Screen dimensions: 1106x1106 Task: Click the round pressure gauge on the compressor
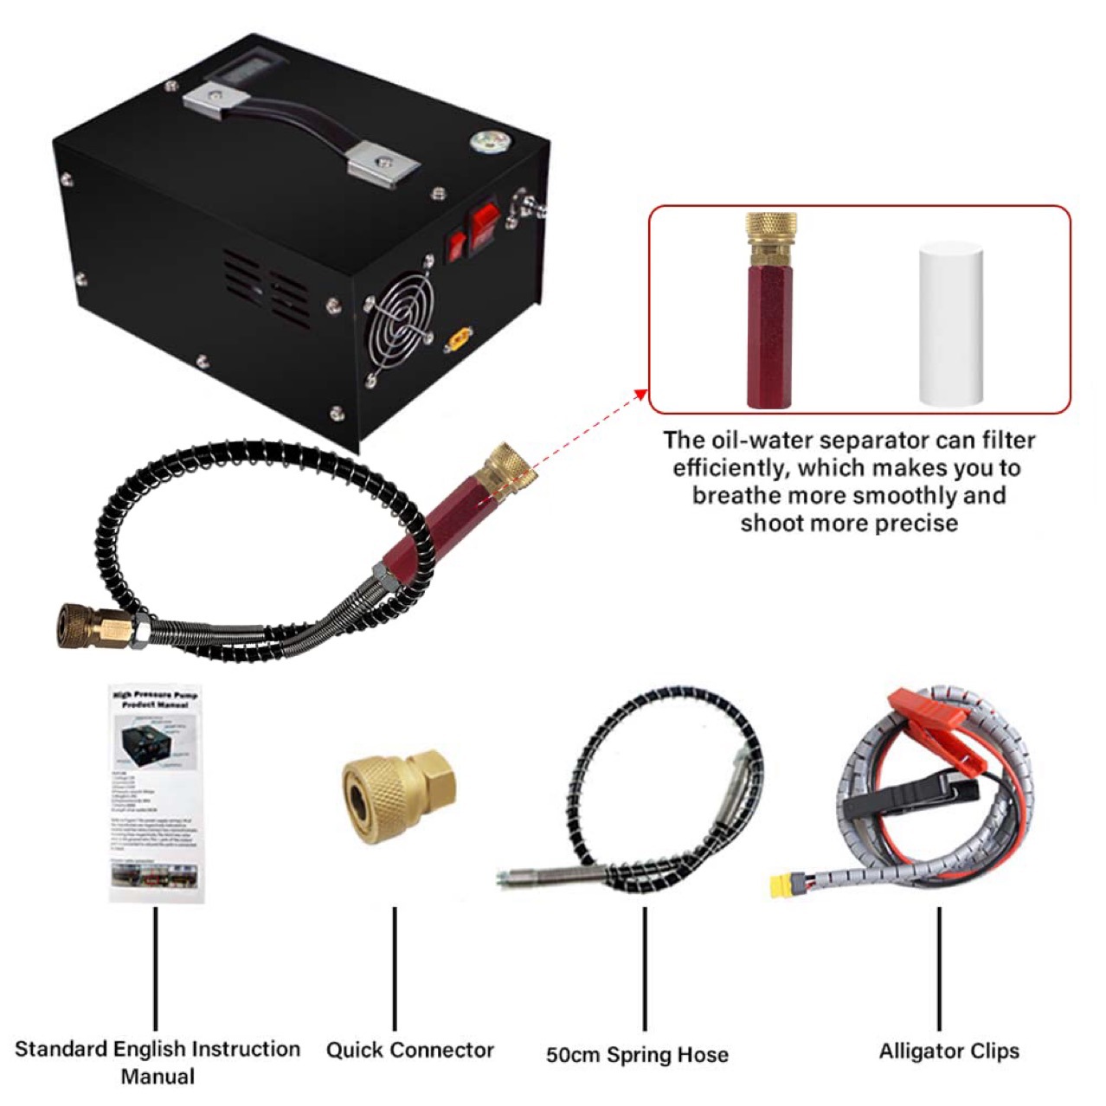point(481,143)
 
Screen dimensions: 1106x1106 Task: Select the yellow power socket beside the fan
point(459,340)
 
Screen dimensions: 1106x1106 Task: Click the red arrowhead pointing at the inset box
point(640,395)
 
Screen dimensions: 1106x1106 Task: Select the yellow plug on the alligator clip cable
point(787,886)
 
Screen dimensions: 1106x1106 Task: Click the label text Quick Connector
point(409,1051)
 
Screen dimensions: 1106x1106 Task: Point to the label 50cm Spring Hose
point(637,1055)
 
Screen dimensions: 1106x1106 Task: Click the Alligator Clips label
point(948,1051)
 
